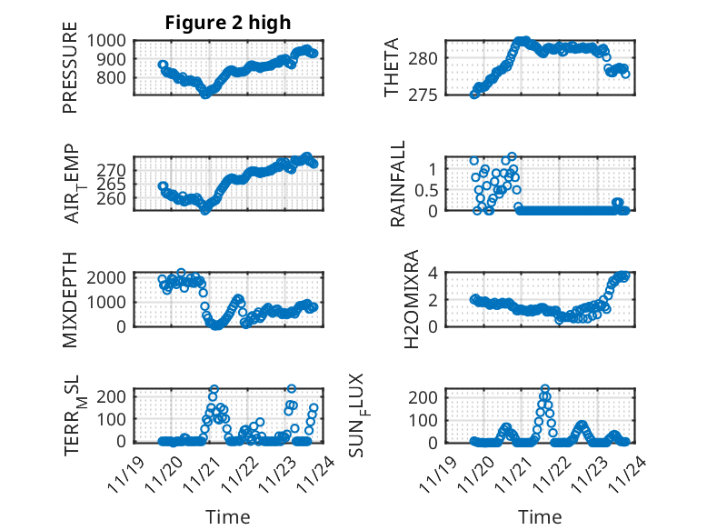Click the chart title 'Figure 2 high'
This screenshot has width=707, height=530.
click(228, 23)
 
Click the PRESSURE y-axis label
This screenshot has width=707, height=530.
click(71, 75)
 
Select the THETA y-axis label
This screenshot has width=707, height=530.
click(392, 68)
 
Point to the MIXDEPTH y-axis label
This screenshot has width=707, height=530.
click(71, 299)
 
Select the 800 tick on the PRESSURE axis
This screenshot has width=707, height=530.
click(115, 78)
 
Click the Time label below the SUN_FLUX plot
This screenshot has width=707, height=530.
click(540, 517)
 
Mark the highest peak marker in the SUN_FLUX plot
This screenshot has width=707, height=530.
click(545, 389)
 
